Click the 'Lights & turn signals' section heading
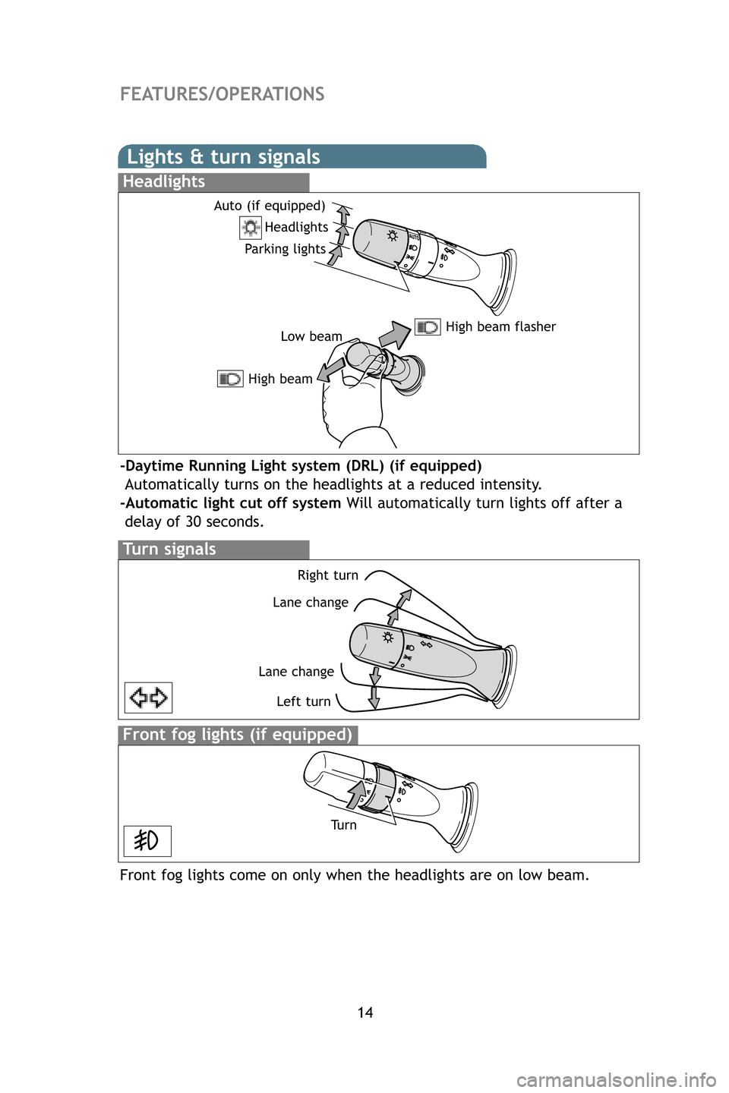click(223, 157)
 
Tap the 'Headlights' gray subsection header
click(164, 182)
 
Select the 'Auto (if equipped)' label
click(269, 206)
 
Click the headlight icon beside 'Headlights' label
click(251, 227)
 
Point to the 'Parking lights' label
click(285, 249)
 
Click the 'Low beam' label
click(311, 336)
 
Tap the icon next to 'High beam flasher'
click(428, 327)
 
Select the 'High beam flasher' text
click(500, 327)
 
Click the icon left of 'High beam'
click(230, 379)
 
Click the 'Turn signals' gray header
click(169, 550)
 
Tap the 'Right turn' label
click(327, 575)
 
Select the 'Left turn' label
click(303, 701)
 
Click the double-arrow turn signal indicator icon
click(148, 698)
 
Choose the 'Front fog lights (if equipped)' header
click(237, 735)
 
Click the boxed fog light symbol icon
click(147, 841)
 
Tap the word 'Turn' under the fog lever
click(343, 825)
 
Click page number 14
click(365, 1013)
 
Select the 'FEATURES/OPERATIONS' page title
click(222, 94)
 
